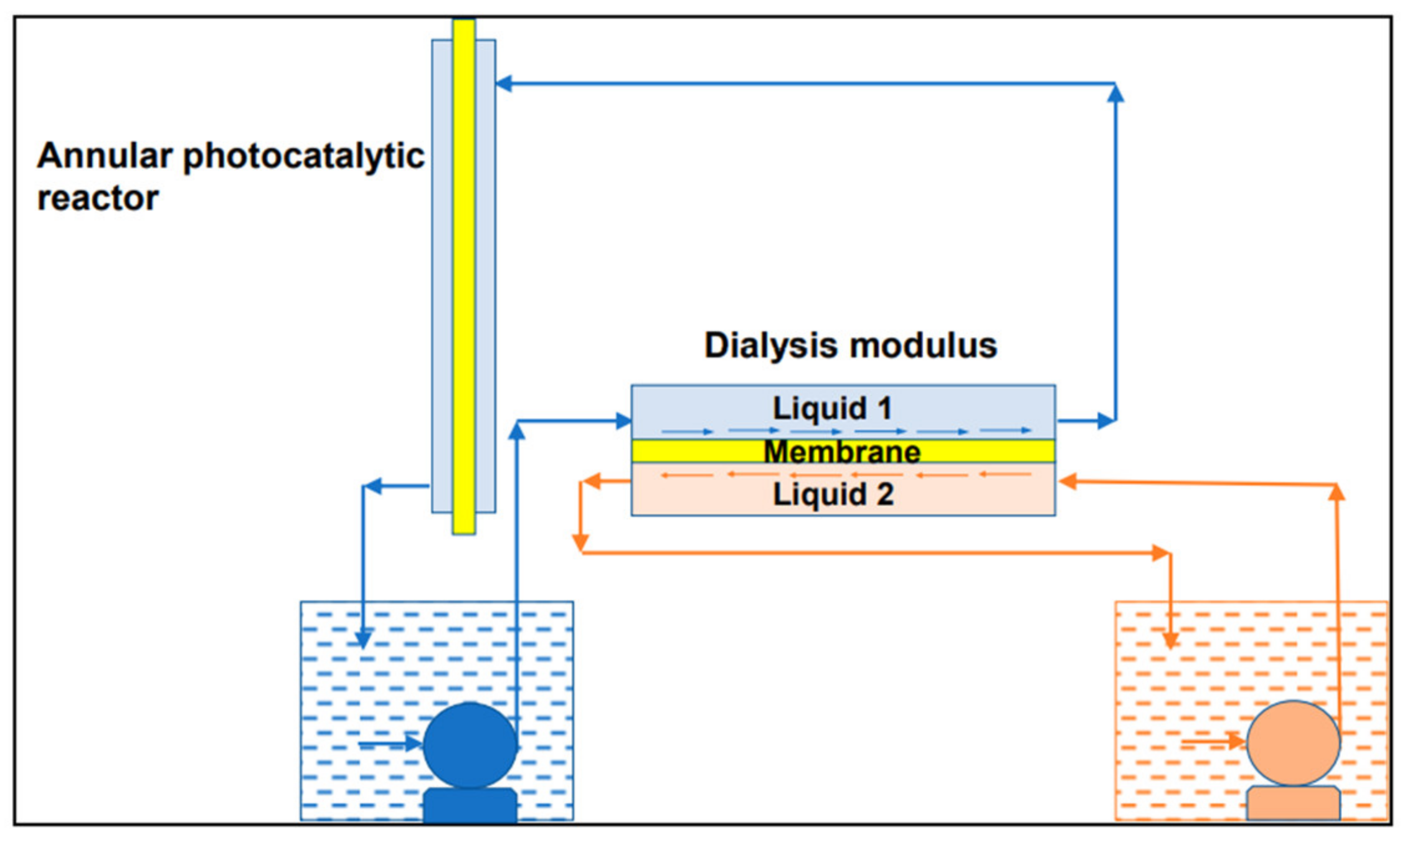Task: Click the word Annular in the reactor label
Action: tap(105, 156)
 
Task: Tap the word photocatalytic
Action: tap(303, 157)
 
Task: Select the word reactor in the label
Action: tap(98, 199)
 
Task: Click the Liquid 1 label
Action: tap(833, 409)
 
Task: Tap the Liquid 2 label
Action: tap(833, 494)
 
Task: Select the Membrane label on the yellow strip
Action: tap(842, 452)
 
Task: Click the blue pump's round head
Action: tap(470, 746)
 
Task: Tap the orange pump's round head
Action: tap(1293, 744)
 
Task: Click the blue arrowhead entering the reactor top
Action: tap(503, 83)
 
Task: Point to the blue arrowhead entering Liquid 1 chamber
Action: tap(623, 421)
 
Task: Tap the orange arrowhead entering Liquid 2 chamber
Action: tap(1067, 481)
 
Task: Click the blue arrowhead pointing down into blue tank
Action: tap(363, 639)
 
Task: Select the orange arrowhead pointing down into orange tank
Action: tap(1170, 640)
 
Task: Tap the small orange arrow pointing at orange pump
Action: tap(1236, 741)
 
